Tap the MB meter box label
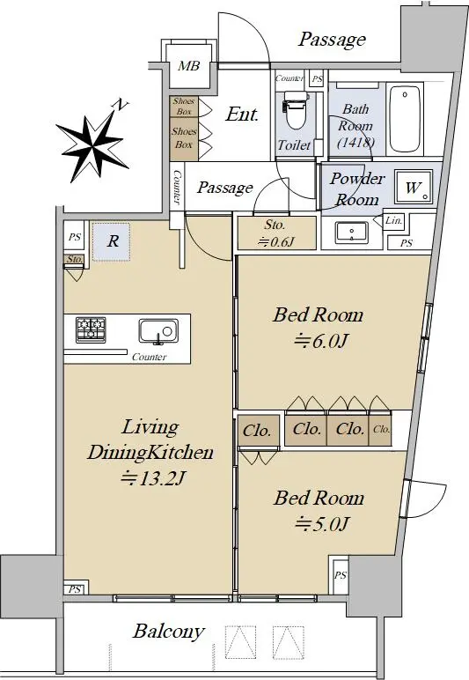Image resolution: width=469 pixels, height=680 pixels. click(x=189, y=66)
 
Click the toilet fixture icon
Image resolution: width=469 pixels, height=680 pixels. click(x=296, y=110)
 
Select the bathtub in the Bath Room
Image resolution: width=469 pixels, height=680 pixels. click(x=405, y=119)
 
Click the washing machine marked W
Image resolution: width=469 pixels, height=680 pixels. click(x=414, y=187)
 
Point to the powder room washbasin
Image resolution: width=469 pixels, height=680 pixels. click(x=352, y=233)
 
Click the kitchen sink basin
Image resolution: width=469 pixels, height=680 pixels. click(x=158, y=332)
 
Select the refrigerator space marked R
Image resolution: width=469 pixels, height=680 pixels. click(x=111, y=241)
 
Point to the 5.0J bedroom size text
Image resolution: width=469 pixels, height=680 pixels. click(x=322, y=525)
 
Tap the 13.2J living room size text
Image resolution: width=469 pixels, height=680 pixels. click(x=152, y=479)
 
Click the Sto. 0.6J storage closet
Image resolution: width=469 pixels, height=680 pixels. click(x=276, y=233)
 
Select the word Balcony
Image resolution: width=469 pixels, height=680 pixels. click(x=168, y=632)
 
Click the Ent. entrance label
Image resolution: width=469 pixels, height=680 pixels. click(x=242, y=115)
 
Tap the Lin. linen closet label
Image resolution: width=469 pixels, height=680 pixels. click(x=393, y=220)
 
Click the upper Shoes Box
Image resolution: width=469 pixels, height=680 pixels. click(x=184, y=106)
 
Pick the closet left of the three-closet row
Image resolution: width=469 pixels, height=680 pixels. click(x=258, y=430)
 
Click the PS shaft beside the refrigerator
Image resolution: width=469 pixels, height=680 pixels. click(x=75, y=237)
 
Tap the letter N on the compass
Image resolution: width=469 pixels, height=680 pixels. click(x=121, y=105)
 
